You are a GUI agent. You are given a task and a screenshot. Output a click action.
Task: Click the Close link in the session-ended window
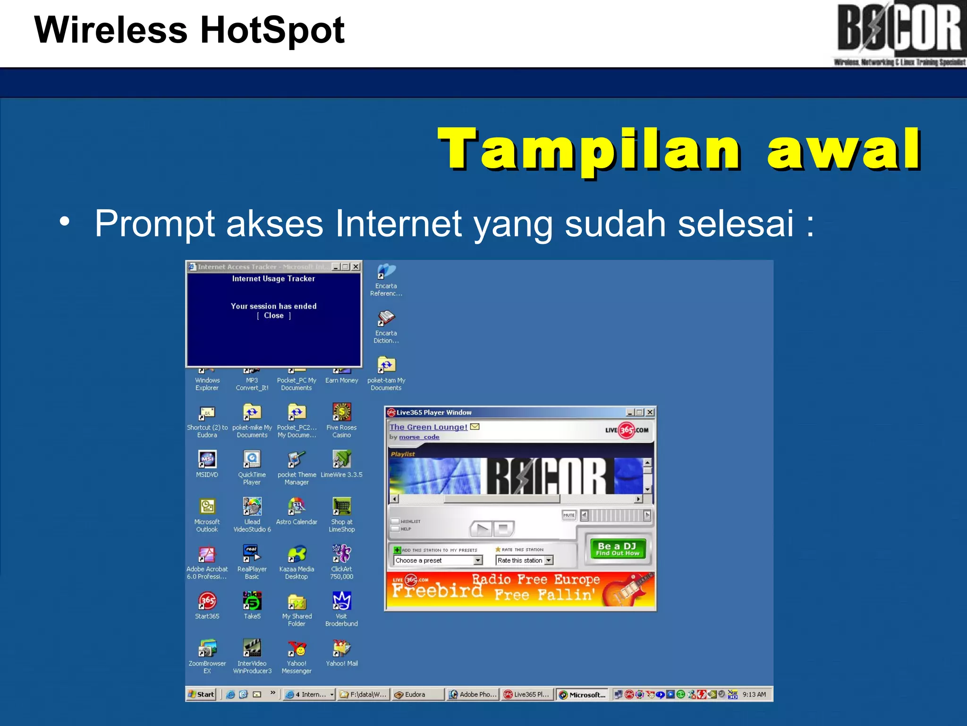point(274,316)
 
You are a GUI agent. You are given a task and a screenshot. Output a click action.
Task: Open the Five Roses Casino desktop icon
point(341,413)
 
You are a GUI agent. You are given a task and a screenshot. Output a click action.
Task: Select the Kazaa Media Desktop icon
point(297,554)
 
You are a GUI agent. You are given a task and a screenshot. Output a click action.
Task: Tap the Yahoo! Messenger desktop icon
point(297,649)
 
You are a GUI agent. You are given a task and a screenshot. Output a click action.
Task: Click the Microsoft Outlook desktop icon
point(207,507)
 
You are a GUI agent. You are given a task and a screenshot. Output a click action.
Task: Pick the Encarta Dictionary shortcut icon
point(386,318)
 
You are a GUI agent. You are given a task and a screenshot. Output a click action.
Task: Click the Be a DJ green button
point(617,549)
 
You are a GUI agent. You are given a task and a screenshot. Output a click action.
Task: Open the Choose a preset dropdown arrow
point(478,561)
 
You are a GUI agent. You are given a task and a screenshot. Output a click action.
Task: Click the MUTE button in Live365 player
point(569,515)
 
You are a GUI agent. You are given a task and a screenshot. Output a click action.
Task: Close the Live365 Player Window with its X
point(650,412)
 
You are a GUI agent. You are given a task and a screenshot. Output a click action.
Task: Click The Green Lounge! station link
point(428,427)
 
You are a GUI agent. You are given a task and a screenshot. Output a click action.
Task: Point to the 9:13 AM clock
point(754,694)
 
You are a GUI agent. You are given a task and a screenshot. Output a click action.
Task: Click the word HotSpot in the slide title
point(272,30)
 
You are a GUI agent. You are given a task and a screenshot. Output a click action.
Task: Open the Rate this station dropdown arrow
point(549,561)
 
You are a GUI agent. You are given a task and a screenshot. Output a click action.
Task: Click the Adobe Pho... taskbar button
point(473,694)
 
